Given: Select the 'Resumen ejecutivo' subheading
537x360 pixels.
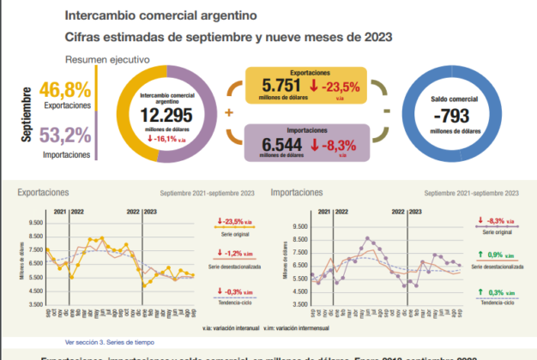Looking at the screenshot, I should [108, 60].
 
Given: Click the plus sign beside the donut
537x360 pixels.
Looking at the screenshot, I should [229, 112].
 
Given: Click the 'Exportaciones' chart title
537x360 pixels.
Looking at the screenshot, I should [45, 194].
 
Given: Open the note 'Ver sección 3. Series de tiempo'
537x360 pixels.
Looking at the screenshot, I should [107, 341].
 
